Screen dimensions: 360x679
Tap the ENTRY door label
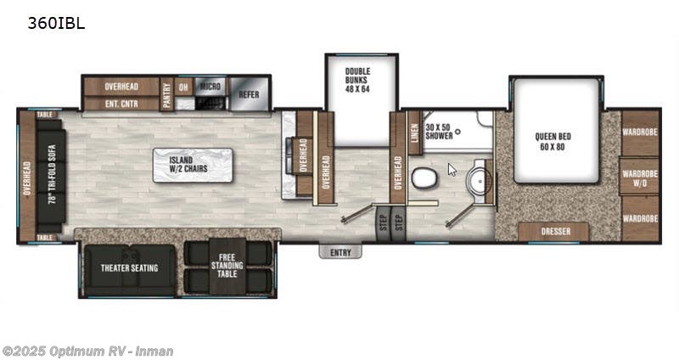(x=340, y=251)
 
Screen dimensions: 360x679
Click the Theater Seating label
(x=131, y=268)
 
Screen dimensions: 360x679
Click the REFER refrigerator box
(x=248, y=95)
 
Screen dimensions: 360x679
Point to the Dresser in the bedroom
(x=555, y=232)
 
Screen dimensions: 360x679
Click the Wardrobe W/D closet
(x=638, y=178)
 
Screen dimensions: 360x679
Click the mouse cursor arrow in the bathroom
(x=452, y=169)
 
